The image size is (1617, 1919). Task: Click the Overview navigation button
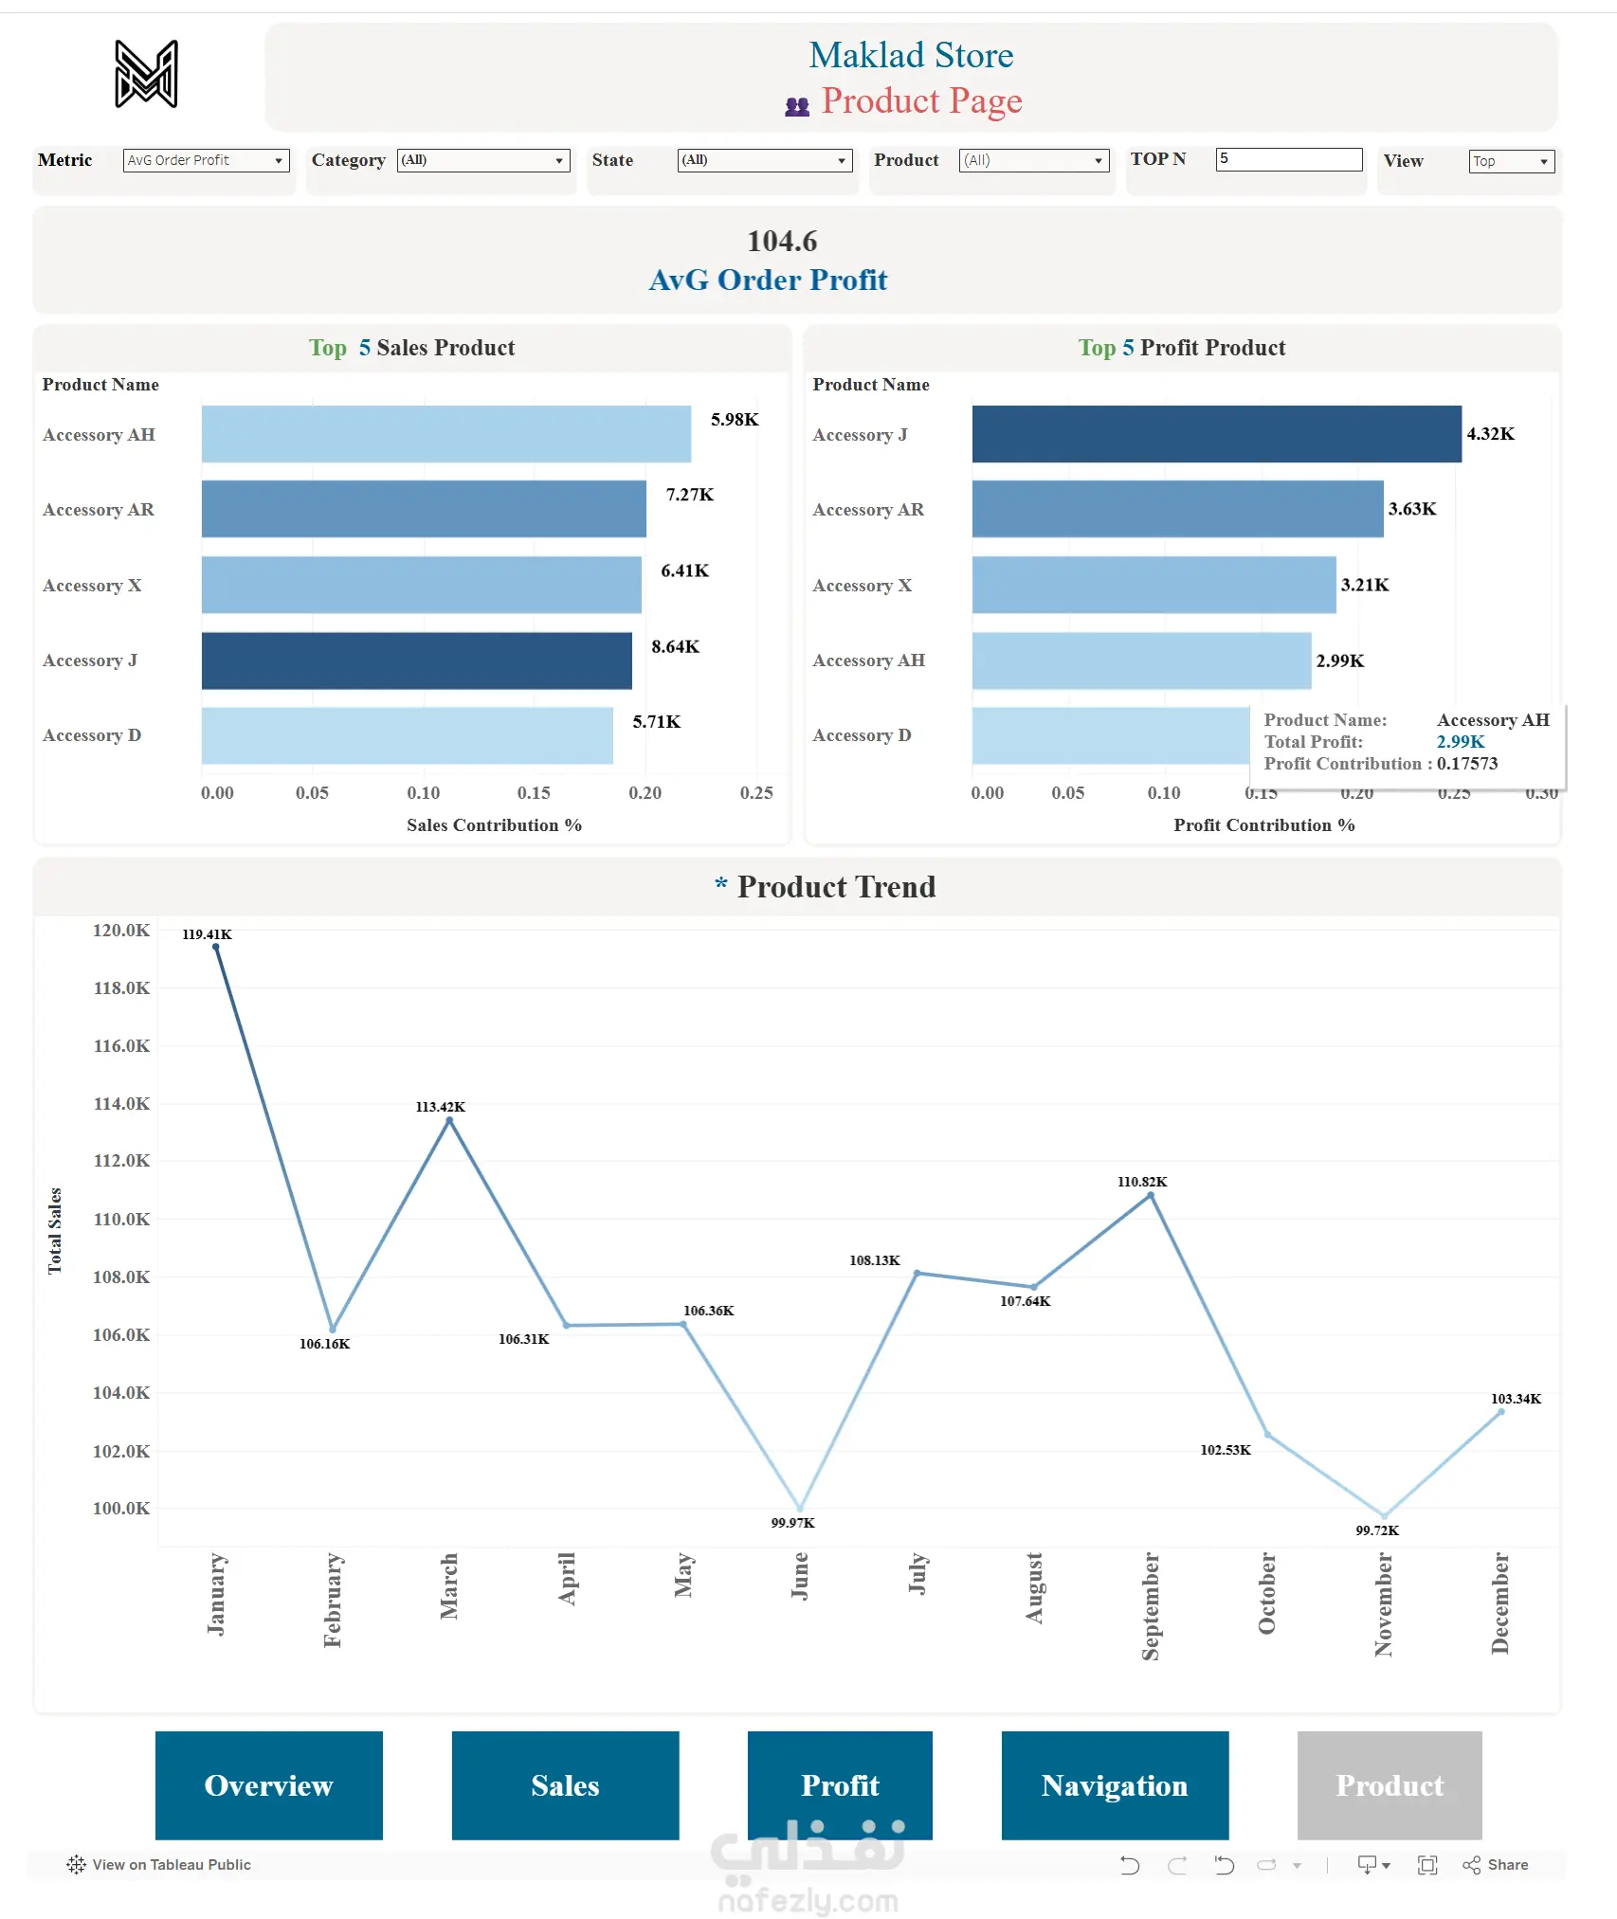tap(268, 1785)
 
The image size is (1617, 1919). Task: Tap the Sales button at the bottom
tap(565, 1785)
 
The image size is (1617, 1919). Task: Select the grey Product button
tap(1389, 1785)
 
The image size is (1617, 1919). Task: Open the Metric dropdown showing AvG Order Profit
tap(206, 160)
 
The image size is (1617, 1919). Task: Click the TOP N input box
tap(1288, 159)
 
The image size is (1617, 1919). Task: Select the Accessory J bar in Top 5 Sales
tap(416, 661)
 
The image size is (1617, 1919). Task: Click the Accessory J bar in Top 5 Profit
tap(1216, 434)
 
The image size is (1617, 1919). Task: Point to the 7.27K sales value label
tap(689, 495)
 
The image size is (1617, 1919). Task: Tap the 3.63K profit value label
tap(1411, 509)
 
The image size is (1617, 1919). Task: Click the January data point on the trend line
tap(216, 947)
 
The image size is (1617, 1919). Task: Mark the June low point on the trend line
tap(800, 1508)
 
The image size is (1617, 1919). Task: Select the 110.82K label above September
tap(1142, 1182)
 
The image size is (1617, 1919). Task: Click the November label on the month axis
tap(1383, 1604)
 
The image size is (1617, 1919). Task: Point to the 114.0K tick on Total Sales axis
tap(121, 1103)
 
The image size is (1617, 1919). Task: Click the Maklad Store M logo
tap(146, 74)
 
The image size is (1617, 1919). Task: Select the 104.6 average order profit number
tap(782, 242)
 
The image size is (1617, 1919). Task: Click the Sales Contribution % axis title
tap(494, 825)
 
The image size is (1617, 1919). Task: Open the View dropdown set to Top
tap(1511, 161)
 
